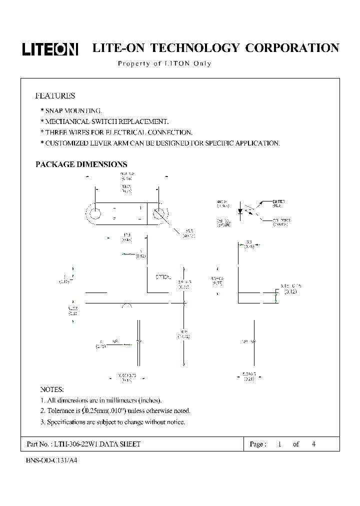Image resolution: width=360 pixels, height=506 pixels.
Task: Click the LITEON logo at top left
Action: click(50, 48)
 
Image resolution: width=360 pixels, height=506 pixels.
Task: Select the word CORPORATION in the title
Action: click(292, 48)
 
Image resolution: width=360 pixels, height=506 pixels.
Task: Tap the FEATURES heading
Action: click(55, 95)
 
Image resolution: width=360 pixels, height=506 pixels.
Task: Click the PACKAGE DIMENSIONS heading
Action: click(81, 164)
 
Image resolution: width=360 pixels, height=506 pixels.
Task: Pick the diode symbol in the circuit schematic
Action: click(240, 211)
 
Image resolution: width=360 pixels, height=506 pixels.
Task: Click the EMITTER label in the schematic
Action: click(278, 201)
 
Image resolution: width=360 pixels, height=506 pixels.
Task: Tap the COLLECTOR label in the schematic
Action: click(281, 220)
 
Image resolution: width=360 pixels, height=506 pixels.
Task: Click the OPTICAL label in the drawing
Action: click(163, 276)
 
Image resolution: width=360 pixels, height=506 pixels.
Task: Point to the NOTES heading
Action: click(52, 389)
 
